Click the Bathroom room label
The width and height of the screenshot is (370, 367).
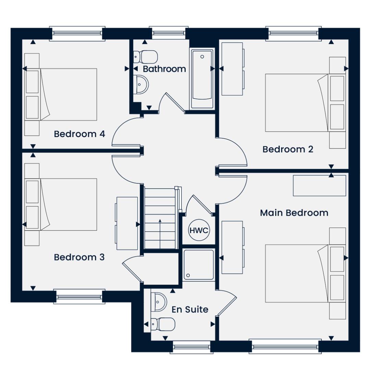tap(164, 69)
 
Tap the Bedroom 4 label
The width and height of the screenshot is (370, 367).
tap(79, 134)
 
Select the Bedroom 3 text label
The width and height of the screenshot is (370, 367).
tap(79, 257)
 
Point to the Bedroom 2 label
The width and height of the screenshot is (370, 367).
tap(288, 149)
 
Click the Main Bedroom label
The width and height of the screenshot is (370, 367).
tap(294, 213)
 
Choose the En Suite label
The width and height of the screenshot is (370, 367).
tap(190, 309)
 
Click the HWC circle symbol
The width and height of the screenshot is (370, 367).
tap(199, 230)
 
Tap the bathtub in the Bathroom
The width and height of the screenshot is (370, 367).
tap(202, 78)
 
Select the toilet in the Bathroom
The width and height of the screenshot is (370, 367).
tap(145, 57)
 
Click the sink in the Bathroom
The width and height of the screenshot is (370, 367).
tap(141, 85)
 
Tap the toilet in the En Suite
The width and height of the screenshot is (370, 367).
tap(163, 324)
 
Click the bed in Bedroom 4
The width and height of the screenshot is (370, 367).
tap(69, 94)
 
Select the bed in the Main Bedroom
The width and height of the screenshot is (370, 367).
tap(297, 273)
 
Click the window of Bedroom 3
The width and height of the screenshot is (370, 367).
tap(79, 296)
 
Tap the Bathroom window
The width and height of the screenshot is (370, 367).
tap(169, 33)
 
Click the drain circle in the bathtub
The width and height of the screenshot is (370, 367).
tap(202, 57)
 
